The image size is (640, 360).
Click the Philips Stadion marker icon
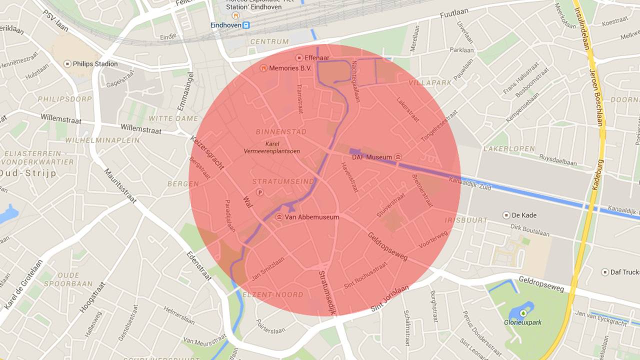point(67,64)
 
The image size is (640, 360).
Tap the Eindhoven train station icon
point(246,25)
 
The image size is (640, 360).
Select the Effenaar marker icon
point(299,57)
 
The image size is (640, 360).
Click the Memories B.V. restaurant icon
point(263,68)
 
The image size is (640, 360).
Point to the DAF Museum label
point(372,157)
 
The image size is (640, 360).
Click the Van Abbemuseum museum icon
point(278,217)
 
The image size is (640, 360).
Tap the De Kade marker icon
point(506,215)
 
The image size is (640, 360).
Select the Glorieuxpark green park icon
point(523,313)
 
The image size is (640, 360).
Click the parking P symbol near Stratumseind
point(259,192)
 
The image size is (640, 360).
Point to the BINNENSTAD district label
point(281,132)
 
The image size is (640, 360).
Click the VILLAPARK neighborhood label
point(430,82)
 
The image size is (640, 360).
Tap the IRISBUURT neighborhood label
point(465,220)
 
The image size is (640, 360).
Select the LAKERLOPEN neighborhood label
point(509,149)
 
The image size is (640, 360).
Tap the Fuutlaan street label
point(453,14)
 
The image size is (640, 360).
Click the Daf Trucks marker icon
point(605,272)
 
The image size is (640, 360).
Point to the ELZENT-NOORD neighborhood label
point(272,294)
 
